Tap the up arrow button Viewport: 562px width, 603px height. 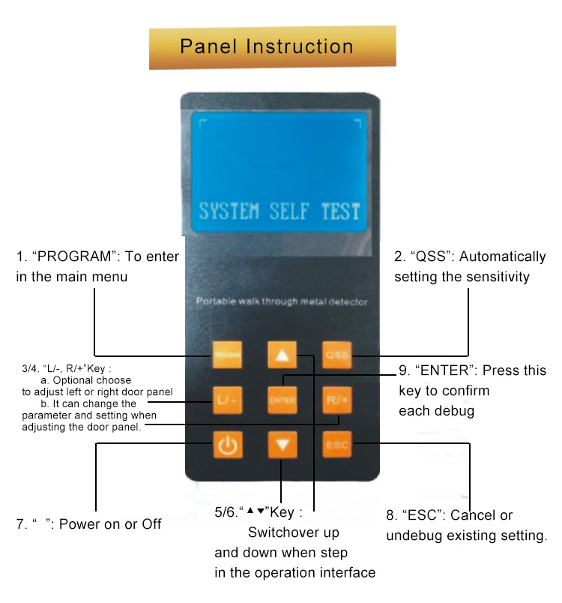[x=282, y=355]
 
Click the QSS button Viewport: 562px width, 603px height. [x=336, y=355]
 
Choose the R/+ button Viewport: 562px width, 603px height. [x=336, y=400]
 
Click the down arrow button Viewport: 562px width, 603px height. [x=282, y=445]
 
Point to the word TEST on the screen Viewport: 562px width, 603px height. [x=340, y=211]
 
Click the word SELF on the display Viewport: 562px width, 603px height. [x=288, y=211]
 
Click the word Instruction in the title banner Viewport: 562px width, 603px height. [x=299, y=46]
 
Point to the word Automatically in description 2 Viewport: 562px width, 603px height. [x=503, y=257]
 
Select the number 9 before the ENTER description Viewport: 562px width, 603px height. [x=402, y=370]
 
